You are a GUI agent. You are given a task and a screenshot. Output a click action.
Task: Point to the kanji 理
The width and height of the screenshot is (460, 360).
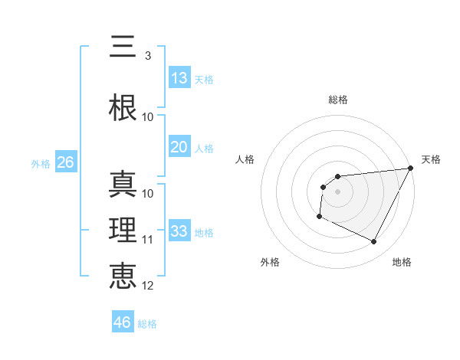[123, 230]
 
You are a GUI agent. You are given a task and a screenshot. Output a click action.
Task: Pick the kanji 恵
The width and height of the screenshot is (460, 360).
[123, 276]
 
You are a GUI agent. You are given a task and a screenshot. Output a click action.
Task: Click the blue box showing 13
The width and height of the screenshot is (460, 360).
[179, 78]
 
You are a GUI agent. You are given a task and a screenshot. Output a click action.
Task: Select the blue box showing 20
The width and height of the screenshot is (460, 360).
[179, 147]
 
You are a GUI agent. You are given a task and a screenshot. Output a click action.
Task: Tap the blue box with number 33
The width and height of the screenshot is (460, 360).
[179, 231]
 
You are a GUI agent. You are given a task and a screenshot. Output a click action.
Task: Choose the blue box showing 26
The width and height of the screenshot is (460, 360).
[65, 162]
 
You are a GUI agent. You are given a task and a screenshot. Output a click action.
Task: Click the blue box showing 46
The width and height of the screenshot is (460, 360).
[123, 322]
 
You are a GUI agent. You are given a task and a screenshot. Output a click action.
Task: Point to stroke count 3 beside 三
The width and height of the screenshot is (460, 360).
[147, 56]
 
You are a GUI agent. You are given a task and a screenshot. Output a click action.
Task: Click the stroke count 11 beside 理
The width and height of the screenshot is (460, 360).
[148, 240]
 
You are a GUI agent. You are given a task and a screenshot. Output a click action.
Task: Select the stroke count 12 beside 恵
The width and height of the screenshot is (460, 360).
[148, 286]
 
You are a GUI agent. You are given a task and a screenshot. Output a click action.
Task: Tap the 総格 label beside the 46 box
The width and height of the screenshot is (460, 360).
[147, 324]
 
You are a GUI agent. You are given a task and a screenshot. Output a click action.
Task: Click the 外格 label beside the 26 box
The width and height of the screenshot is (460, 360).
[41, 164]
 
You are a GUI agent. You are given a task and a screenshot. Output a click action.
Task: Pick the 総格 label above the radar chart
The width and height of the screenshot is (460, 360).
[337, 100]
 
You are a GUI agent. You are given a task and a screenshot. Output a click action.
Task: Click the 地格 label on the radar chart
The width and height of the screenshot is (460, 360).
[402, 262]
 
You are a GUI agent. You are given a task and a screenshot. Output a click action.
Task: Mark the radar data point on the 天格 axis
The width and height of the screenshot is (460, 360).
[411, 168]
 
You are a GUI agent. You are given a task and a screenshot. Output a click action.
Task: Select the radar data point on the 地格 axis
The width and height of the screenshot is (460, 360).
[374, 242]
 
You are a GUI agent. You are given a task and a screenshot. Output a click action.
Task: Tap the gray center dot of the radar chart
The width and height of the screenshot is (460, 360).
[337, 191]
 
